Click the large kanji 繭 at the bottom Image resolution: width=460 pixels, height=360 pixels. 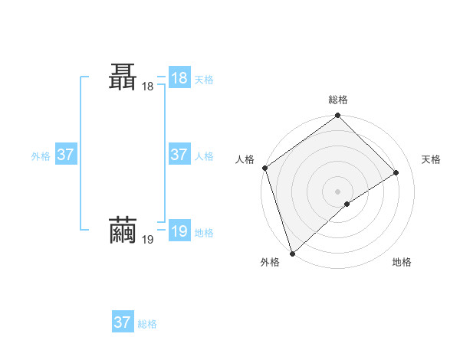[124, 231]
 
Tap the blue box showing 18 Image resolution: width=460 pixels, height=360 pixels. [179, 77]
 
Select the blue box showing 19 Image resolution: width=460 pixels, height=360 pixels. [179, 231]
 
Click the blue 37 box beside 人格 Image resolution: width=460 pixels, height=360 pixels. [179, 154]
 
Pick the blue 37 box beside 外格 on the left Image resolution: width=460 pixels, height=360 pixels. [65, 154]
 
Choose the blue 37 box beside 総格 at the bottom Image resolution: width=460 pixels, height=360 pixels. [123, 322]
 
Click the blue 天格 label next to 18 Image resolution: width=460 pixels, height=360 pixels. [204, 79]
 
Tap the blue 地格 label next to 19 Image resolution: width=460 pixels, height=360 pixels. [204, 233]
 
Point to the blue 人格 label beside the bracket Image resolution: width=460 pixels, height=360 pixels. [204, 156]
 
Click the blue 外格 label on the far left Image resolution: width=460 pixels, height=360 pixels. [41, 156]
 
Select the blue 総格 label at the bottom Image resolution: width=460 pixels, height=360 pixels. [147, 325]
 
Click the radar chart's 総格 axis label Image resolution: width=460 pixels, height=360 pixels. [338, 100]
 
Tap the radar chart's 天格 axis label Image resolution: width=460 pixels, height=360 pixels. [432, 159]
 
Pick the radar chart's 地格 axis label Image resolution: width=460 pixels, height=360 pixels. [402, 262]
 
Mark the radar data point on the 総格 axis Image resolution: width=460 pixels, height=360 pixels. [338, 116]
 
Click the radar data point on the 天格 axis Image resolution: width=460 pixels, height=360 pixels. [396, 172]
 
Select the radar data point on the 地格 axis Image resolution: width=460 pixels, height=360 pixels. [347, 204]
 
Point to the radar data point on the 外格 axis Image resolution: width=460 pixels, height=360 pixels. [291, 253]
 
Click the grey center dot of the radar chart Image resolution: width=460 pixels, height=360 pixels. [338, 191]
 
